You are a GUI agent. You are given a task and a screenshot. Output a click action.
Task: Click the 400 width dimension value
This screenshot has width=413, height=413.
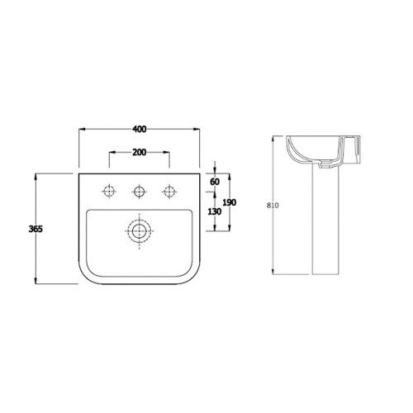139,130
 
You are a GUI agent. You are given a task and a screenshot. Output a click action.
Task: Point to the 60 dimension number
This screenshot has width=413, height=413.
214,181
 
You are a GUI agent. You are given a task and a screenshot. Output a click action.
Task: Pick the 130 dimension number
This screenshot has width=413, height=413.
214,211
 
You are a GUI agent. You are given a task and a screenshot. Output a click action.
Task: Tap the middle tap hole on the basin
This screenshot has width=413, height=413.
139,192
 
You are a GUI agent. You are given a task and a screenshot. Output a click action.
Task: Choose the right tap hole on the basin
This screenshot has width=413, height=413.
170,192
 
